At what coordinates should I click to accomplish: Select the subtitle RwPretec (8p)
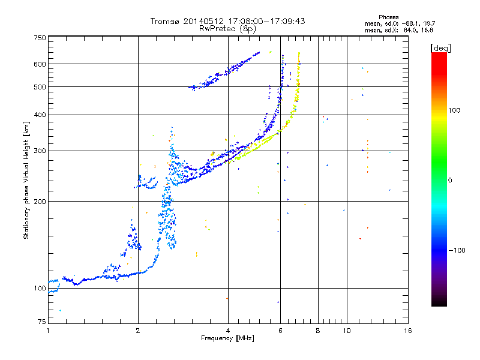click(228, 28)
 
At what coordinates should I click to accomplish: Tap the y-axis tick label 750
click(40, 37)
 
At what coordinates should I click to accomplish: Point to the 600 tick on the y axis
click(40, 64)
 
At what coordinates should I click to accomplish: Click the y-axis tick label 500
click(40, 87)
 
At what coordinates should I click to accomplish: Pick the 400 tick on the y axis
click(40, 115)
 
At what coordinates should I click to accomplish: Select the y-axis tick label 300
click(40, 151)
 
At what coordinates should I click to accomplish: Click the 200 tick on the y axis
click(40, 201)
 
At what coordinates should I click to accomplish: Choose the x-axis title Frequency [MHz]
click(228, 339)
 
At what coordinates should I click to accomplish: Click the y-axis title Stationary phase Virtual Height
click(26, 180)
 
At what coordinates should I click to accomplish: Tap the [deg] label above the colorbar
click(440, 47)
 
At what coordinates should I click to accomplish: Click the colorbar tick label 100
click(458, 110)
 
